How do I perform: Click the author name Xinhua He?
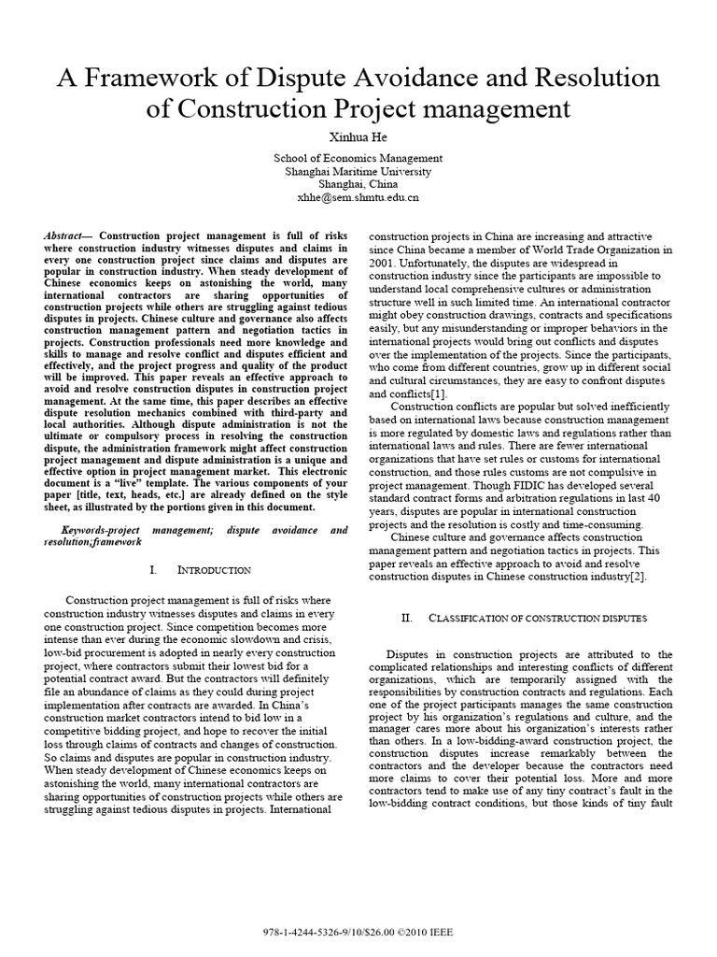pos(358,136)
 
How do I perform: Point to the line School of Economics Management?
pos(358,158)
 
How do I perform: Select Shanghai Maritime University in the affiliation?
pos(358,171)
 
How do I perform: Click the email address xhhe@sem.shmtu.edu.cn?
pos(358,197)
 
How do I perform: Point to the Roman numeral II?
pos(406,619)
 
